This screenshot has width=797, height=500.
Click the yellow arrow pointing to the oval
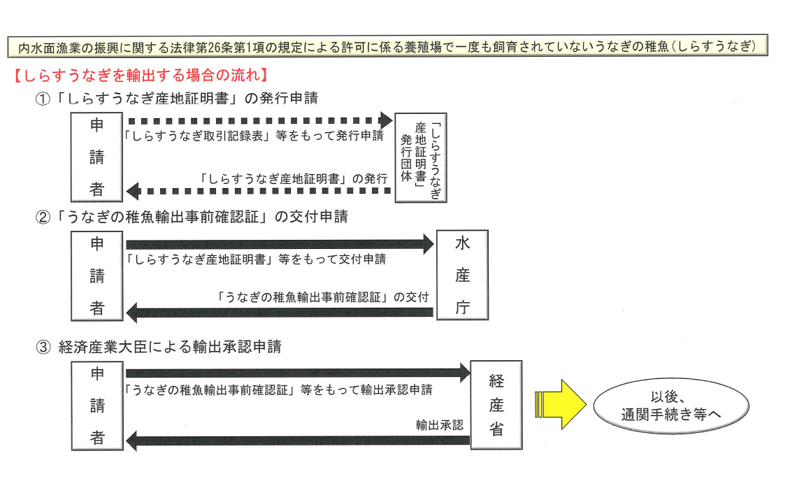[560, 404]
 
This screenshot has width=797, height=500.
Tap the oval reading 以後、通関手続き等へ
[671, 406]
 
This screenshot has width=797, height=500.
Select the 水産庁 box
[463, 275]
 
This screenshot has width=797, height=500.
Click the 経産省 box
[496, 405]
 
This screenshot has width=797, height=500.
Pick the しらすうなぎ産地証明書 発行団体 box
[421, 157]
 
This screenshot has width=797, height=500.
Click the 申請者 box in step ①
[96, 157]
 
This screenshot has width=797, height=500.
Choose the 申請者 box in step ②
[96, 276]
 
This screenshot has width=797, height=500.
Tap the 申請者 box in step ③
[97, 406]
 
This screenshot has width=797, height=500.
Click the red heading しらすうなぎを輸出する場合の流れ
[140, 76]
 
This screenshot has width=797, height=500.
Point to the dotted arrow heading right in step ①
[261, 121]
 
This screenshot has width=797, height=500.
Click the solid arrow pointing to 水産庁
[280, 244]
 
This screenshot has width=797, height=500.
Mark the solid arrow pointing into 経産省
[298, 373]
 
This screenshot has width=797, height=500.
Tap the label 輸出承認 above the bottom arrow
[440, 425]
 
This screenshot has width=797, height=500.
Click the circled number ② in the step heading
[43, 217]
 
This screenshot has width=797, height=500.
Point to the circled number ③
[43, 348]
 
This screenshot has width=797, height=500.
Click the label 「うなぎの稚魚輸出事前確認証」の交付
[322, 297]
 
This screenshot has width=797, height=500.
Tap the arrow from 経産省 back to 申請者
[298, 441]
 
